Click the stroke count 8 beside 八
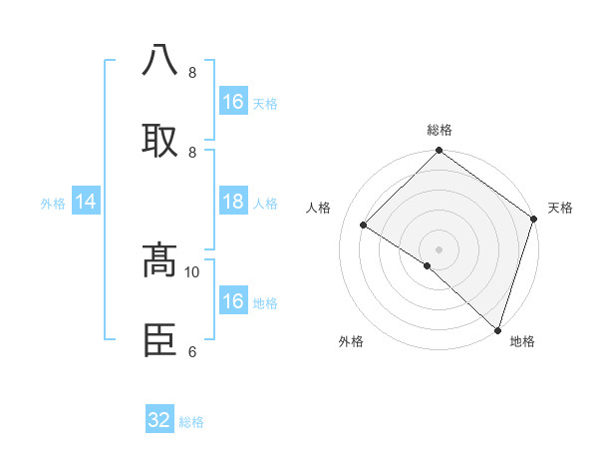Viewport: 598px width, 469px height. coord(191,73)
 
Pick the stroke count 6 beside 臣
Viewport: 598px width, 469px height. coord(191,351)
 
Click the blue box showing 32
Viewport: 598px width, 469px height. coord(159,420)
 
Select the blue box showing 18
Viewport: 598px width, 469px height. coord(233,202)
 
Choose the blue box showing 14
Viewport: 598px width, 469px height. coord(86,202)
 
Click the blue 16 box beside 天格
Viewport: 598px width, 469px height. coord(233,102)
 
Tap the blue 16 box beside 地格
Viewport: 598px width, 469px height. coord(233,301)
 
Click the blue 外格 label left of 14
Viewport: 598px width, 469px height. coord(53,203)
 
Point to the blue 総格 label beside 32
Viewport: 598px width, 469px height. coord(191,422)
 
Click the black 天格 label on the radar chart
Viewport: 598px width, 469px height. coord(560,208)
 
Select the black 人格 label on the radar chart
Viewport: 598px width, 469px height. coord(319,208)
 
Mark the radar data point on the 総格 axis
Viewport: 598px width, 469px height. coord(439,152)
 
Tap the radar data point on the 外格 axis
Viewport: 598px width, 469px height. coord(428,265)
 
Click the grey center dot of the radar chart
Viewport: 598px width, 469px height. coord(439,248)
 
